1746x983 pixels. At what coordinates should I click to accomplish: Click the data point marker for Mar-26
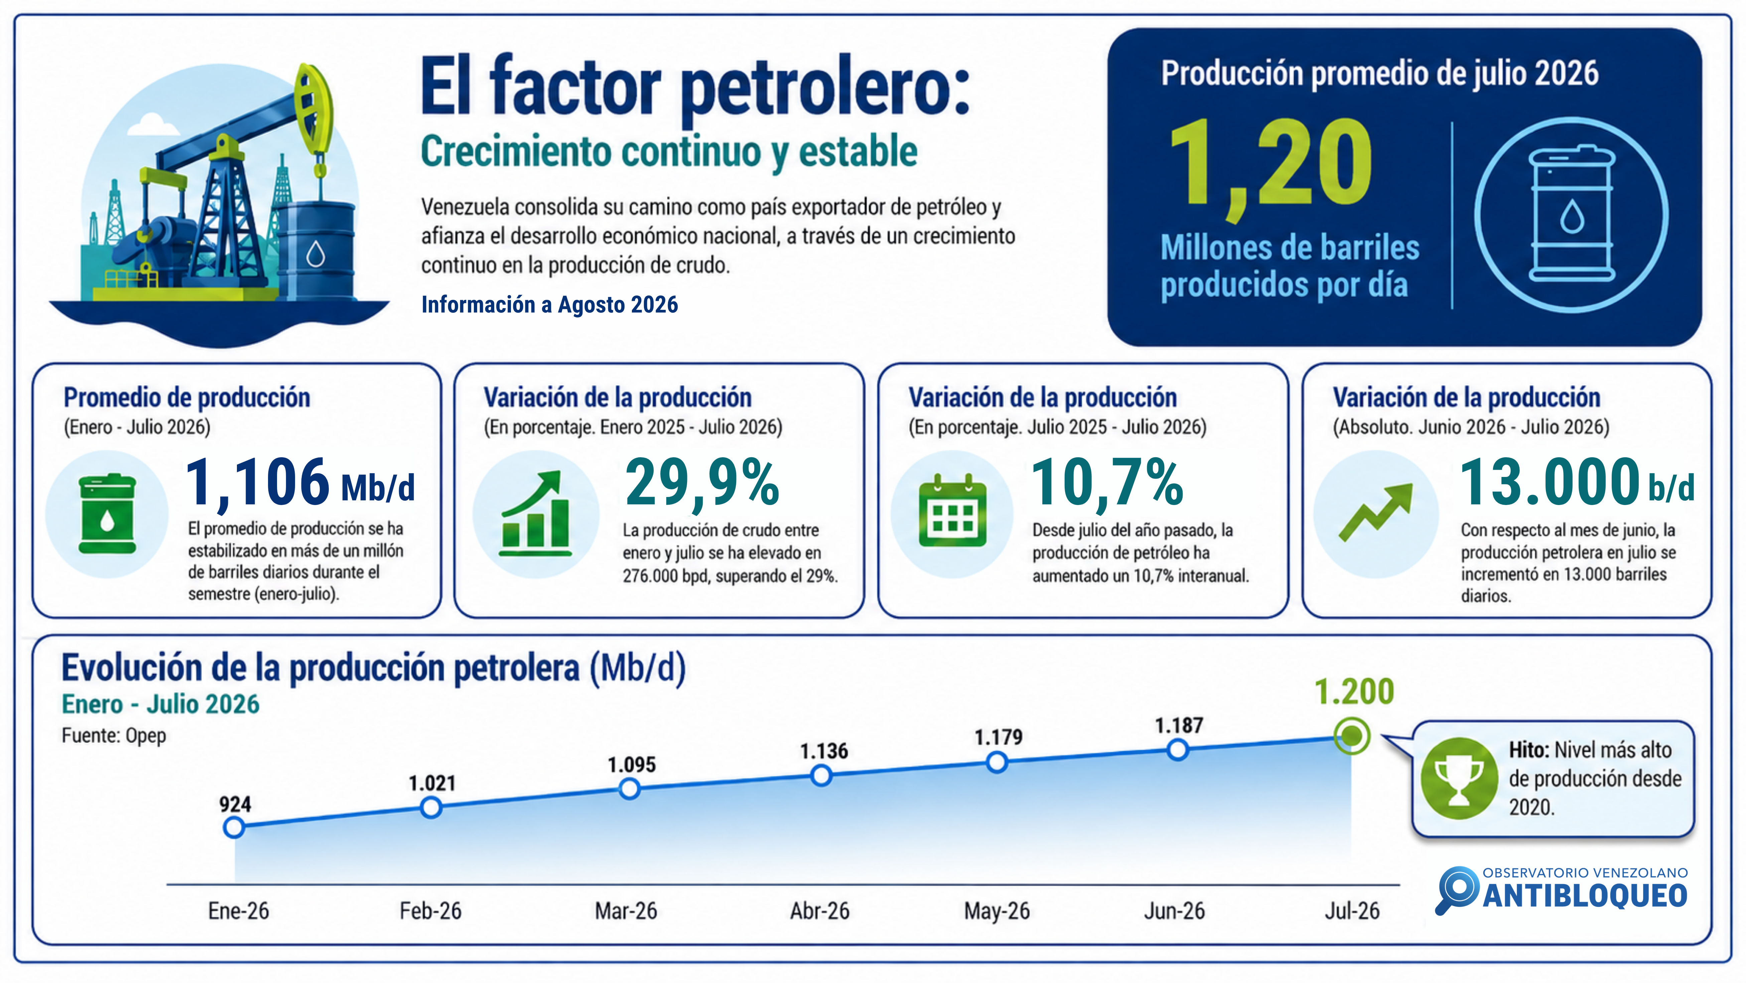(630, 788)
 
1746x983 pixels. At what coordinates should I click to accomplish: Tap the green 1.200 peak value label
(1354, 692)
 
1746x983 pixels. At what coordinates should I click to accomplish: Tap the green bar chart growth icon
(535, 513)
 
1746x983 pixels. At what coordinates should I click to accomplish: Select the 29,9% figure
(702, 483)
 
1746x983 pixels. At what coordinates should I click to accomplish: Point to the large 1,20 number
(1271, 166)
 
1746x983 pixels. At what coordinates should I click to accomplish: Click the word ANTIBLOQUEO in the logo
(1585, 895)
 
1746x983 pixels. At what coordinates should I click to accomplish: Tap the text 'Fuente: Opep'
(114, 736)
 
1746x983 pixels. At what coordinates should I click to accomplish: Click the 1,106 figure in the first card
(258, 483)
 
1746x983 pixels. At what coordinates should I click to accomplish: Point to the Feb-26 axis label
(430, 910)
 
